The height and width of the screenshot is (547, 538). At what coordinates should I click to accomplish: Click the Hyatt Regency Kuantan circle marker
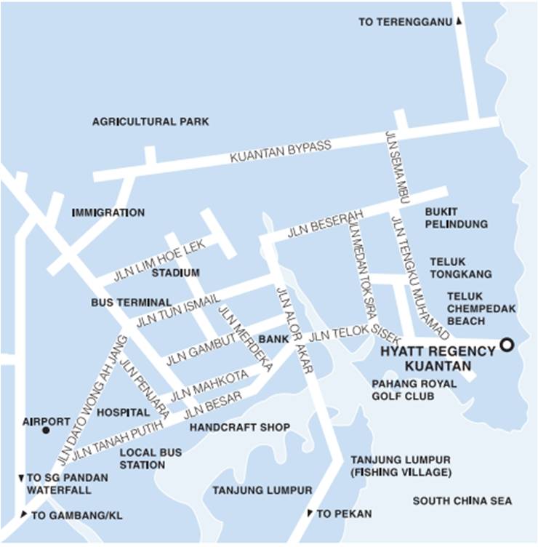pyautogui.click(x=507, y=344)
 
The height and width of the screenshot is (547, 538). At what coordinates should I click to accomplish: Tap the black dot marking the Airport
pyautogui.click(x=46, y=431)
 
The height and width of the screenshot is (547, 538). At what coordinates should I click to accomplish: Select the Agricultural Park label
pyautogui.click(x=150, y=121)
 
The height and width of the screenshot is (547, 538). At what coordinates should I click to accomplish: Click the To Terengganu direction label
pyautogui.click(x=406, y=23)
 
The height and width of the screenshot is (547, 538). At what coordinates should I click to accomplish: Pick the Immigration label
pyautogui.click(x=108, y=212)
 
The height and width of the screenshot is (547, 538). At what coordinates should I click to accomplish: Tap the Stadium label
pyautogui.click(x=175, y=273)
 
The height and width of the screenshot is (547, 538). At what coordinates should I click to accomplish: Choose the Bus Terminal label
pyautogui.click(x=132, y=302)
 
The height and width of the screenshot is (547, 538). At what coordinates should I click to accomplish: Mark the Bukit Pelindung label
pyautogui.click(x=456, y=217)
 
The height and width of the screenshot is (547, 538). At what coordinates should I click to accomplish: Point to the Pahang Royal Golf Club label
pyautogui.click(x=414, y=390)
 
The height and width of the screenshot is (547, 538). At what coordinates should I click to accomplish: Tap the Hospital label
pyautogui.click(x=123, y=412)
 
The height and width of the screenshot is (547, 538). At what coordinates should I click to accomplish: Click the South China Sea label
pyautogui.click(x=462, y=500)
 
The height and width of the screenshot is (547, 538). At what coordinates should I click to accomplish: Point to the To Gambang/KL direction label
pyautogui.click(x=76, y=515)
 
